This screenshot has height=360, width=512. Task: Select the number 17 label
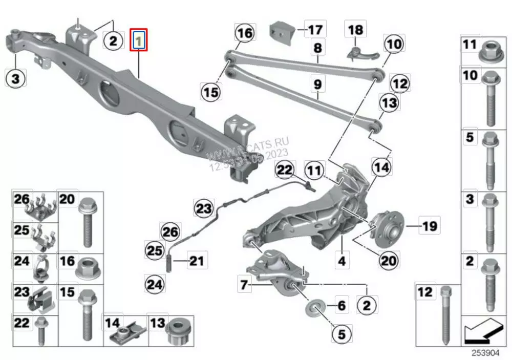pyautogui.click(x=315, y=30)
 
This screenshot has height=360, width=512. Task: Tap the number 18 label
pyautogui.click(x=355, y=29)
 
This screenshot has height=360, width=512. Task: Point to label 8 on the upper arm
pyautogui.click(x=317, y=49)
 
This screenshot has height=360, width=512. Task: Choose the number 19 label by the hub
pyautogui.click(x=429, y=224)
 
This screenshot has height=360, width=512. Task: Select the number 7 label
pyautogui.click(x=244, y=283)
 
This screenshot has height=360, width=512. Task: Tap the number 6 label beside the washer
pyautogui.click(x=342, y=306)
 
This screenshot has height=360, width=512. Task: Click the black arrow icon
pyautogui.click(x=483, y=330)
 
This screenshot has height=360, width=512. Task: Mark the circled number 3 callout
pyautogui.click(x=15, y=78)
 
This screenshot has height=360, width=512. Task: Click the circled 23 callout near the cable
pyautogui.click(x=204, y=208)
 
